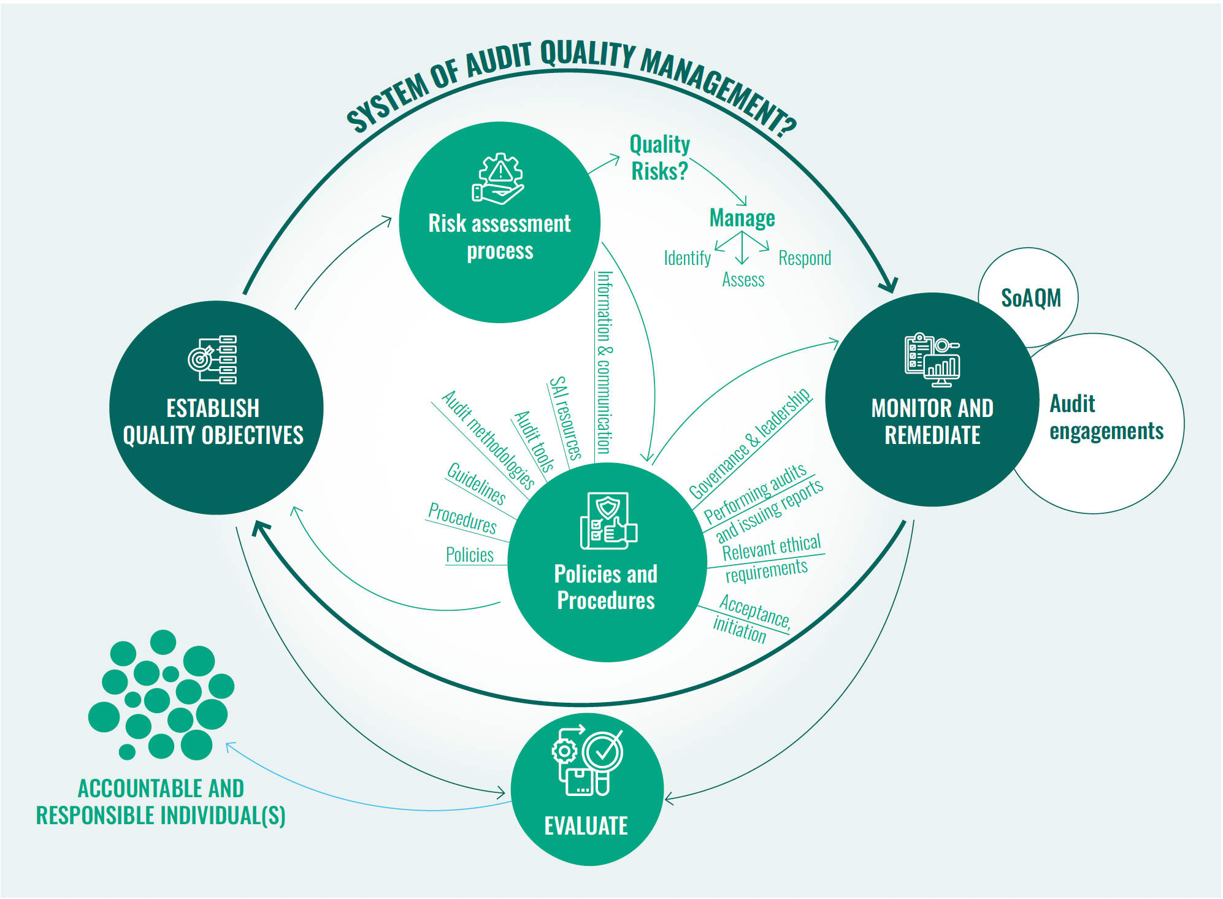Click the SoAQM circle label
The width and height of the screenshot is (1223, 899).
pos(1030,298)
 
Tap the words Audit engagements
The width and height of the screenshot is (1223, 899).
pos(1106,418)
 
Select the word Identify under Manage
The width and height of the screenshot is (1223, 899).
pos(687,258)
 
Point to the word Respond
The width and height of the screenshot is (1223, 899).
pos(804,258)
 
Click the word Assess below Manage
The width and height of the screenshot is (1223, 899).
pos(743,280)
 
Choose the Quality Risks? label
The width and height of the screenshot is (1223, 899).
pos(660,158)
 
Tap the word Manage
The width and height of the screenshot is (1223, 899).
pos(742,218)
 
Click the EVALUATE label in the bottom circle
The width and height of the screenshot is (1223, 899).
pos(586,825)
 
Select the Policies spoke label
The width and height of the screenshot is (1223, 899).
pos(469,555)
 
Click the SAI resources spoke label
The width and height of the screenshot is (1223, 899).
pos(565,418)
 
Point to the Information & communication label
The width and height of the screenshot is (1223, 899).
pos(604,362)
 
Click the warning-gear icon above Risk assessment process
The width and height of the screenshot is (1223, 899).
pos(498,178)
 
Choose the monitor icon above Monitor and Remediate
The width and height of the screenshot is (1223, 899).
pos(932,360)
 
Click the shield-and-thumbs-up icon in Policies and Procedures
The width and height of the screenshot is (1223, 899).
pos(608,521)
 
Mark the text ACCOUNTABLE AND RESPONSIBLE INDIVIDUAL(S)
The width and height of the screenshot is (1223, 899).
pos(161,801)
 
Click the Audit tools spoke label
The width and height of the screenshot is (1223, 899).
pos(534,441)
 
